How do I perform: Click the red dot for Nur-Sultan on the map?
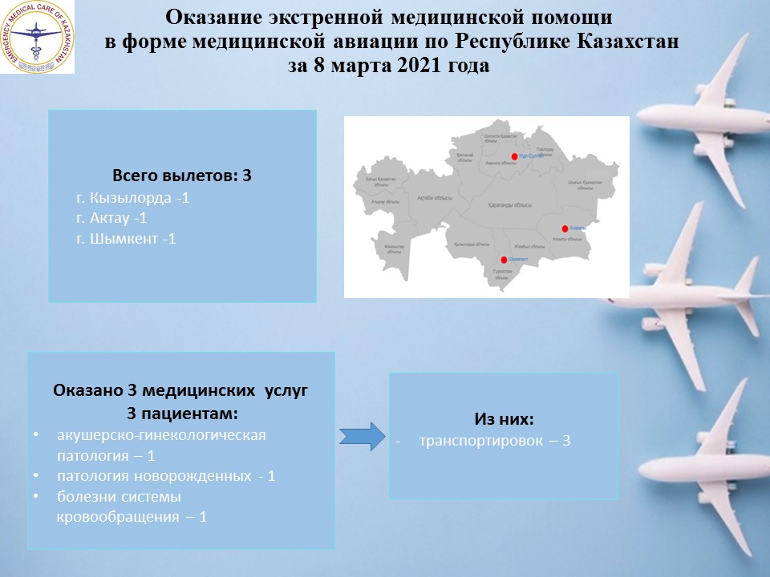tap(515, 156)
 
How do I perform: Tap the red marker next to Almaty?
tap(565, 228)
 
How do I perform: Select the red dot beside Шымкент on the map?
tap(504, 260)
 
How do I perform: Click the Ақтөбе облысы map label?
tap(433, 198)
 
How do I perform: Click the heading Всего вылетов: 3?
tap(182, 176)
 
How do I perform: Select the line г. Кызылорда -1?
tap(132, 197)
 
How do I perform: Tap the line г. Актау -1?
tap(111, 218)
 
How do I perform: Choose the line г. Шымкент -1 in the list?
tap(126, 239)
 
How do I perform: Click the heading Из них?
tap(504, 419)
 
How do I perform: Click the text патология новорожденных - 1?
tap(167, 476)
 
